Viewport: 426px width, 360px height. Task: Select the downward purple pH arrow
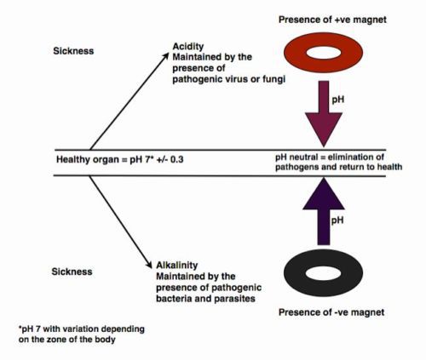pos(324,114)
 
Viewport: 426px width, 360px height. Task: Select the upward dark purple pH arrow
pos(324,211)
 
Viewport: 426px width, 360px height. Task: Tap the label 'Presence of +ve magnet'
pos(332,20)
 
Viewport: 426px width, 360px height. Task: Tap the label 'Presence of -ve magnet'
pos(331,312)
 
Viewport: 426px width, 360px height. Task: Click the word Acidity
pos(188,46)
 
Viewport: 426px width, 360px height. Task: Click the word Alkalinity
pos(177,265)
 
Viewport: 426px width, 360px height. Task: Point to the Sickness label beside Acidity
pos(73,51)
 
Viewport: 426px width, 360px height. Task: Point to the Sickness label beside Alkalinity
pos(72,271)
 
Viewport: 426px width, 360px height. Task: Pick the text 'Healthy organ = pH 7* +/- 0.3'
pos(120,159)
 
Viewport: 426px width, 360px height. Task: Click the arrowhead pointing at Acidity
pos(165,56)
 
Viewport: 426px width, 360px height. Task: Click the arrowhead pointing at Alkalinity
pos(149,265)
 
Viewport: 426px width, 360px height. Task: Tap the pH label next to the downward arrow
pos(338,100)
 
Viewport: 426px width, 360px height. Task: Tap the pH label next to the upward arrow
pos(337,220)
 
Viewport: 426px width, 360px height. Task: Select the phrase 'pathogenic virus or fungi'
pos(229,79)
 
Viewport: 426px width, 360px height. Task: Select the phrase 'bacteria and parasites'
pos(205,299)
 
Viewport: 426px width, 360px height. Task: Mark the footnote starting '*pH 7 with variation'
pos(82,334)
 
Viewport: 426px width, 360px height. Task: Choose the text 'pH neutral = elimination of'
pos(330,157)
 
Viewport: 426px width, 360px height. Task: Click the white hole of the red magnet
pos(324,53)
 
